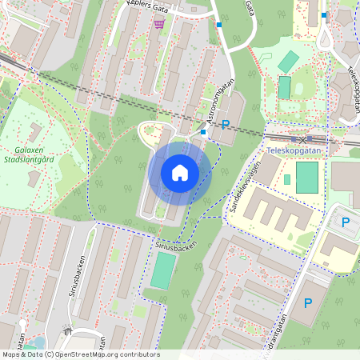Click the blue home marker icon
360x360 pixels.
click(180, 173)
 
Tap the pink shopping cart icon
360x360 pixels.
click(160, 24)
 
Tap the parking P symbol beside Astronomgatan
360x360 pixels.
click(226, 124)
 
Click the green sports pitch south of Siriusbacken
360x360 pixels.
click(162, 272)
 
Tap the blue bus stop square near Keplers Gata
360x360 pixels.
click(219, 25)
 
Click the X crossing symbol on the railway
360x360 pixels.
click(302, 139)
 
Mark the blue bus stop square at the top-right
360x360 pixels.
click(324, 14)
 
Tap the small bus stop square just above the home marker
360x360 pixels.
click(204, 131)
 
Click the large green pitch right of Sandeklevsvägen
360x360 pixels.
click(306, 177)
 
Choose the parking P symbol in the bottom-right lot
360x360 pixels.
click(308, 303)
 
